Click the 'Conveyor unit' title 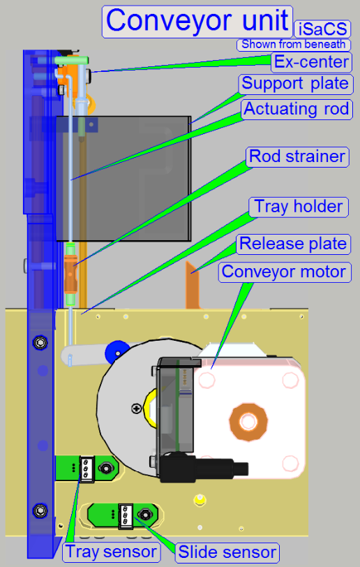[x=197, y=22]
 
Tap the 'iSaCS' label [x=323, y=29]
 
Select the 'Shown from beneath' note [x=294, y=45]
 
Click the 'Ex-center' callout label [x=312, y=62]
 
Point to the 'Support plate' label [x=295, y=84]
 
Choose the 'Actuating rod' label [x=297, y=109]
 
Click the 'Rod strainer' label [x=297, y=156]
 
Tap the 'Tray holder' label [x=299, y=207]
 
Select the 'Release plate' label [x=293, y=244]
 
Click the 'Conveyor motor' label [x=284, y=272]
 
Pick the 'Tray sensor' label [x=112, y=552]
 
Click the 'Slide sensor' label [x=227, y=552]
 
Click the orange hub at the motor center [x=248, y=422]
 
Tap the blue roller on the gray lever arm [x=117, y=352]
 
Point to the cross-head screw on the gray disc [x=136, y=408]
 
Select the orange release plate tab [x=193, y=286]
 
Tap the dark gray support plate [x=123, y=179]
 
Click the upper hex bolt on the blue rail [x=40, y=341]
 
